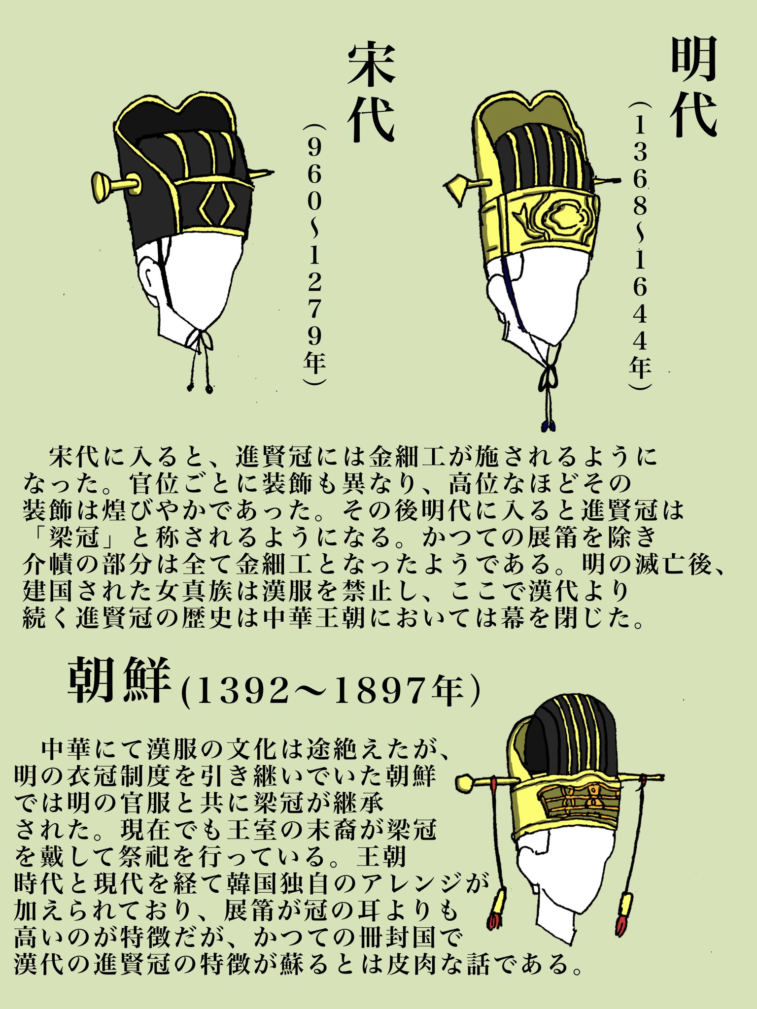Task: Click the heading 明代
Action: [x=693, y=87]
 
